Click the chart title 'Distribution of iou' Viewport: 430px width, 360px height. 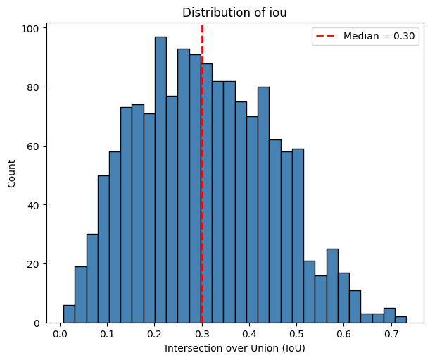pyautogui.click(x=235, y=12)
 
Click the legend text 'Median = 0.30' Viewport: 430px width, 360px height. pyautogui.click(x=380, y=36)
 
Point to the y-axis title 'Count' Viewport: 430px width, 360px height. pyautogui.click(x=11, y=173)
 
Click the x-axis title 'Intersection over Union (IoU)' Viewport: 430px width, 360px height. pyautogui.click(x=235, y=348)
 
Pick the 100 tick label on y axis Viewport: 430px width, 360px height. pyautogui.click(x=32, y=29)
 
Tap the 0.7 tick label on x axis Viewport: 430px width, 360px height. pyautogui.click(x=391, y=334)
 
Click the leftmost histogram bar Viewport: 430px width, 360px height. pyautogui.click(x=68, y=314)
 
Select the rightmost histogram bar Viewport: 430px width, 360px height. pyautogui.click(x=400, y=320)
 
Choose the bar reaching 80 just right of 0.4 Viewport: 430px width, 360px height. pyautogui.click(x=263, y=204)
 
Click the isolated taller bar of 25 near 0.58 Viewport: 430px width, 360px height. pyautogui.click(x=332, y=286)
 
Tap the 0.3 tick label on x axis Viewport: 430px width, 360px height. pyautogui.click(x=202, y=334)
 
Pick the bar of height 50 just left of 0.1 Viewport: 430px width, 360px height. pyautogui.click(x=103, y=249)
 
